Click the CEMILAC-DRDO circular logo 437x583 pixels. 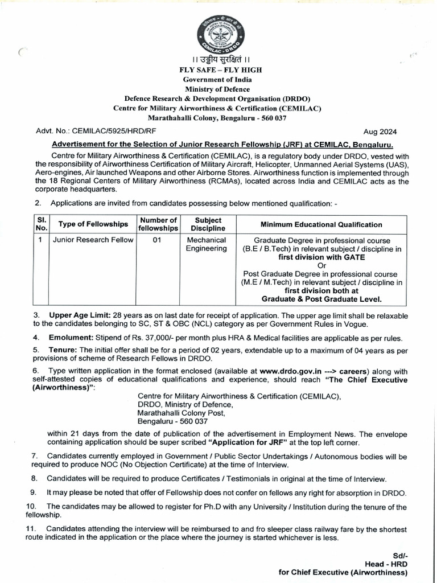tap(218, 35)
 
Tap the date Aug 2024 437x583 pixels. tap(393, 130)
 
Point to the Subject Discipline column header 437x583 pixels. tap(208, 224)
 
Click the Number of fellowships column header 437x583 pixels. tap(159, 224)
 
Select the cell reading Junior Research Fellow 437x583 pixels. tap(93, 240)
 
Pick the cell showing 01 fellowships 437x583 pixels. tap(158, 240)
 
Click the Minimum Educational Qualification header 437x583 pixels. tap(321, 224)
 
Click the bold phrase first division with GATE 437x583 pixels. tap(321, 257)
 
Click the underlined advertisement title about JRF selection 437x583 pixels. tap(222, 145)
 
